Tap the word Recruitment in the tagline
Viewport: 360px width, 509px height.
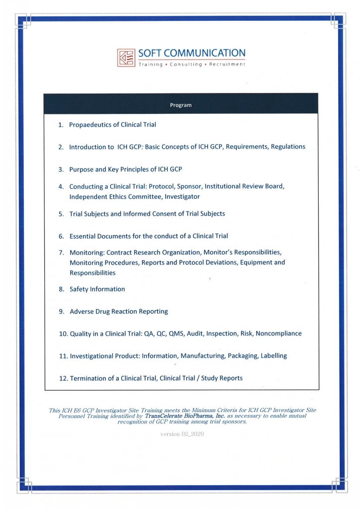click(x=227, y=65)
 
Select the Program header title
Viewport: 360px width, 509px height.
click(x=181, y=105)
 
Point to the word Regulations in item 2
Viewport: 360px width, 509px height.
click(x=288, y=147)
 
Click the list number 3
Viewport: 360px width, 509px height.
click(x=61, y=170)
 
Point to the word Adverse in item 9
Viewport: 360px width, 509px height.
click(x=82, y=312)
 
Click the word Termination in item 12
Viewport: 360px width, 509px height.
click(x=89, y=378)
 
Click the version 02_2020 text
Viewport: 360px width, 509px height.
click(x=182, y=434)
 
